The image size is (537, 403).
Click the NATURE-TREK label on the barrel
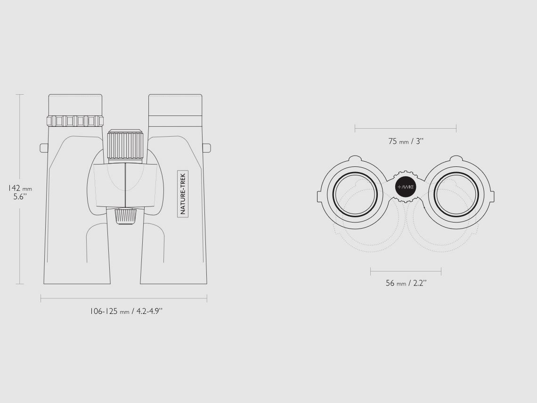[183, 194]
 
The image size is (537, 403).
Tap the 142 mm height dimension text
[20, 188]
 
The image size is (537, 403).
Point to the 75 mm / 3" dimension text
[406, 141]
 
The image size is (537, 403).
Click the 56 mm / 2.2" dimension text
[406, 283]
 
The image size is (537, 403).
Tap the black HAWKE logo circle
[406, 187]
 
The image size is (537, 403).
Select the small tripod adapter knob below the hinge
[125, 216]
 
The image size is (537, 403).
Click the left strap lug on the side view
[44, 148]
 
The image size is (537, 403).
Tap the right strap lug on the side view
[206, 148]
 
